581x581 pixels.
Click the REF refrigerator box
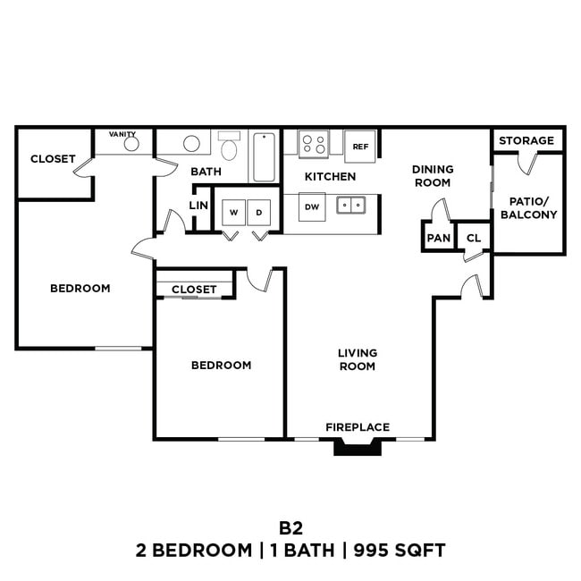coord(361,146)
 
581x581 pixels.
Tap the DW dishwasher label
coord(312,206)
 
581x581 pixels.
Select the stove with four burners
coord(313,143)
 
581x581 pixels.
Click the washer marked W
coord(233,213)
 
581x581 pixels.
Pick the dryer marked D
coord(259,213)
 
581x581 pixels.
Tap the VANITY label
coord(122,134)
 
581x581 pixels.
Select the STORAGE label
coord(526,140)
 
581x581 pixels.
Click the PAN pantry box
coord(438,238)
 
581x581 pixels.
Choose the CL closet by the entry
coord(474,238)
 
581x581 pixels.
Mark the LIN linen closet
coord(198,206)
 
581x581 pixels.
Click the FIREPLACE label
coord(358,427)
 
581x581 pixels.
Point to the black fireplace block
coord(358,446)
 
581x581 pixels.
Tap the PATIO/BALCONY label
coord(528,208)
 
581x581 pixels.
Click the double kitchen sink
coord(350,206)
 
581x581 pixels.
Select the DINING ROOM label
coord(433,175)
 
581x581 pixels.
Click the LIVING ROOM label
coord(358,359)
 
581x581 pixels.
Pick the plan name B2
coord(290,528)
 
